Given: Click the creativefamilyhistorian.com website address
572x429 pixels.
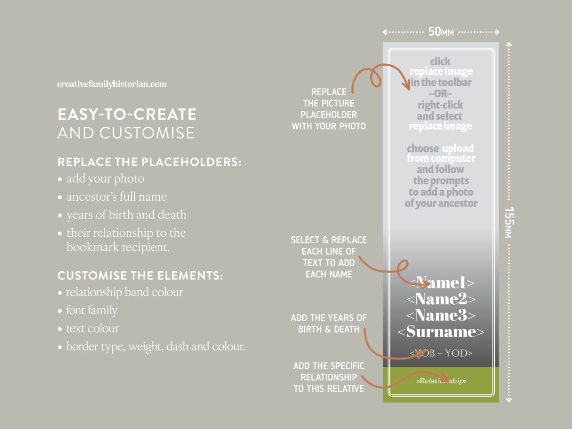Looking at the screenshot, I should [x=112, y=84].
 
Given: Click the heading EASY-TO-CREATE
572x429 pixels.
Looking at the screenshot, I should [x=127, y=114].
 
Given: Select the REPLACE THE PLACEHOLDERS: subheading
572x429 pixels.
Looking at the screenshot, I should [x=149, y=162].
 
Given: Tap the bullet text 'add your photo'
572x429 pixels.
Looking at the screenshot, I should [x=105, y=179].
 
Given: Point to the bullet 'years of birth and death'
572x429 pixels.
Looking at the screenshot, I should [x=126, y=215].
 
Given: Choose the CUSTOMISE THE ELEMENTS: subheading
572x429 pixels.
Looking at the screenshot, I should [x=140, y=276].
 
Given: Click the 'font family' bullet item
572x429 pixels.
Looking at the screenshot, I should [x=92, y=310].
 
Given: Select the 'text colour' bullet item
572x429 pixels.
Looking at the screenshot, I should [x=92, y=329].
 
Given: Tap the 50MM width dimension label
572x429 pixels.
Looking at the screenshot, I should [x=441, y=32].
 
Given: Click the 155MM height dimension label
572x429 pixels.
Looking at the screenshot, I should [x=509, y=222].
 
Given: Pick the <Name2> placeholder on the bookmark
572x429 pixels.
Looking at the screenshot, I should [x=441, y=299].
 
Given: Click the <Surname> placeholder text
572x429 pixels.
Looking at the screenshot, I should [x=441, y=332].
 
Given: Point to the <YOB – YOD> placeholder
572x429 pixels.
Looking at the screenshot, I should [x=441, y=353].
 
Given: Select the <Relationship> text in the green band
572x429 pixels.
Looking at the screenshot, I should [x=441, y=381].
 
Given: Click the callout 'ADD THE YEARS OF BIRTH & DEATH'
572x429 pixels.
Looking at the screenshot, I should [x=329, y=324].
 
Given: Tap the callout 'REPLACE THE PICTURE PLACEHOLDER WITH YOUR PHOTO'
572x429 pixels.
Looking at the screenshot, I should [x=329, y=109].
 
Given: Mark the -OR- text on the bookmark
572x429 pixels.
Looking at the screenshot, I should [x=440, y=94].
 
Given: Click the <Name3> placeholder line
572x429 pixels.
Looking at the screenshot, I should [x=441, y=315].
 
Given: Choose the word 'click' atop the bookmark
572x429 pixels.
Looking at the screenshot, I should [x=440, y=62].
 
